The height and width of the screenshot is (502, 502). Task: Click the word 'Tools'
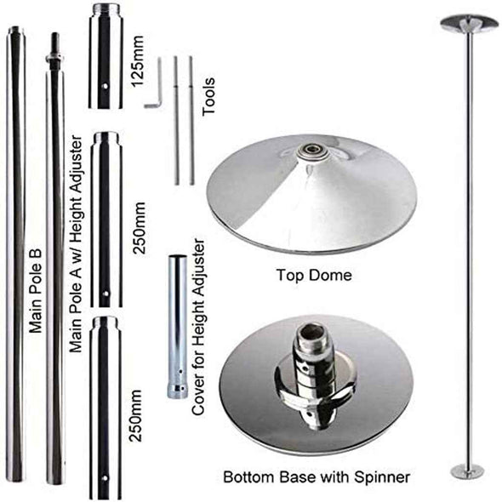point(209,94)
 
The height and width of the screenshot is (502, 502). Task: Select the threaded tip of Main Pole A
point(54,48)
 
